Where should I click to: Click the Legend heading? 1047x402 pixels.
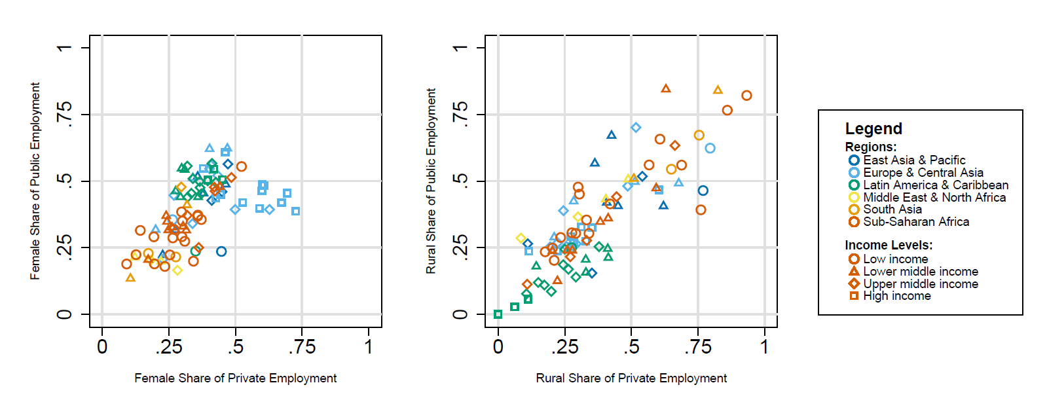[x=873, y=129]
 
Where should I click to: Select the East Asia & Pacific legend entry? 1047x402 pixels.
[x=913, y=160]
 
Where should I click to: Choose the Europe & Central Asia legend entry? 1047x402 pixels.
[x=923, y=173]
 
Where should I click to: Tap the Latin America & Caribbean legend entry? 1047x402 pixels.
[x=935, y=185]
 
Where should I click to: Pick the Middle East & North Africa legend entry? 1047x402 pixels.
[x=934, y=198]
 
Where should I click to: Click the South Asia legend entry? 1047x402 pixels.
[x=892, y=210]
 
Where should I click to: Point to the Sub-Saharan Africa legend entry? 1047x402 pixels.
[x=915, y=222]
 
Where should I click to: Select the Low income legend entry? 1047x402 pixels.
[x=894, y=259]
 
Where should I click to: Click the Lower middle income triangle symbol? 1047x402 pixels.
[x=854, y=271]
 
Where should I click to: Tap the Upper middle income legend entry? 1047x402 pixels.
[x=920, y=284]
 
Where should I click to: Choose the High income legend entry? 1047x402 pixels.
[x=896, y=296]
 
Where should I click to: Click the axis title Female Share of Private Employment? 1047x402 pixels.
[x=236, y=378]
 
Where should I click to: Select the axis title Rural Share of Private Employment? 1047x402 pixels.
[x=631, y=378]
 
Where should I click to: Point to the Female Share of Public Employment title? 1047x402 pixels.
[x=35, y=181]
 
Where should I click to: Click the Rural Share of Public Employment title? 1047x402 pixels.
[x=431, y=181]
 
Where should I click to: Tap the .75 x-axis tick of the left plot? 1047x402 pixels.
[x=302, y=346]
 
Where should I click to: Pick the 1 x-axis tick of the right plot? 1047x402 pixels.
[x=765, y=346]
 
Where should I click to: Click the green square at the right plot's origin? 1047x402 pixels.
[x=498, y=314]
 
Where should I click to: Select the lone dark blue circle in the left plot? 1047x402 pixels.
[x=221, y=251]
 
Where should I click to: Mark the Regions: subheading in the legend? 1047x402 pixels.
[x=870, y=147]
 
